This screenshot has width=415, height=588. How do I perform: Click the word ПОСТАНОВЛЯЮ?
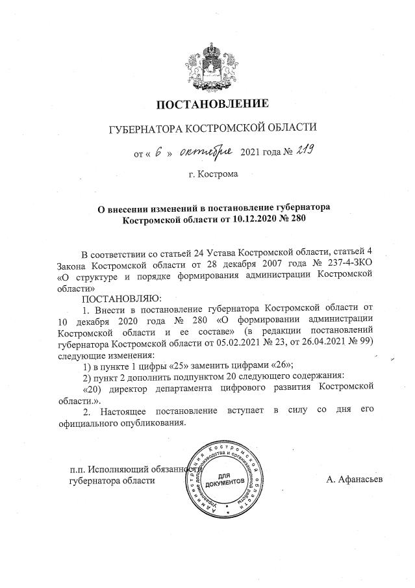click(x=119, y=298)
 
